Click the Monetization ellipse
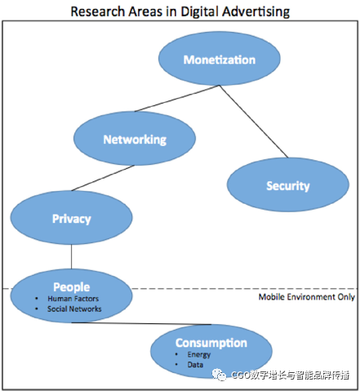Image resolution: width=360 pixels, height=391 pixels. [220, 59]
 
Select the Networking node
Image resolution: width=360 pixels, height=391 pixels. [135, 138]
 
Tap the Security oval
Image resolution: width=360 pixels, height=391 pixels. [288, 184]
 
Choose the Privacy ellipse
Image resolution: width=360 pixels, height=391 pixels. [71, 217]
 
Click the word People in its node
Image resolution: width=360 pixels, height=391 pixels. [72, 287]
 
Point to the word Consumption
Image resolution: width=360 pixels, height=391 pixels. [211, 343]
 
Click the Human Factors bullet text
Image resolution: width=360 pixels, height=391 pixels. [73, 299]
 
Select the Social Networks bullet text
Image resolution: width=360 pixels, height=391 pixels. [74, 309]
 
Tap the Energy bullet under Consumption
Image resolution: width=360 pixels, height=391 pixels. [199, 355]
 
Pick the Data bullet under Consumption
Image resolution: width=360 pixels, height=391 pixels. [195, 365]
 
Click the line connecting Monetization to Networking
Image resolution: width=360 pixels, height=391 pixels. [177, 99]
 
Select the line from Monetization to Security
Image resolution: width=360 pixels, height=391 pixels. [254, 122]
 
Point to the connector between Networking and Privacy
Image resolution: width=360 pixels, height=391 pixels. [103, 178]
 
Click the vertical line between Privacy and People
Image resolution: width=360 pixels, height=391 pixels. [72, 256]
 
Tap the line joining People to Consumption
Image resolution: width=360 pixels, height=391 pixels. [141, 323]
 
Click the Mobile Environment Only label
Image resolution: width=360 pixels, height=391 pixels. [307, 297]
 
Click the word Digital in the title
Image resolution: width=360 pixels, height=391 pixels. [200, 12]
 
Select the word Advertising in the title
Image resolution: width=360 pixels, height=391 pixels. [256, 12]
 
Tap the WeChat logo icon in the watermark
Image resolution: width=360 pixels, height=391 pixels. [219, 375]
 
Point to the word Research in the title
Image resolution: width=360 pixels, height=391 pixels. [98, 11]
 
